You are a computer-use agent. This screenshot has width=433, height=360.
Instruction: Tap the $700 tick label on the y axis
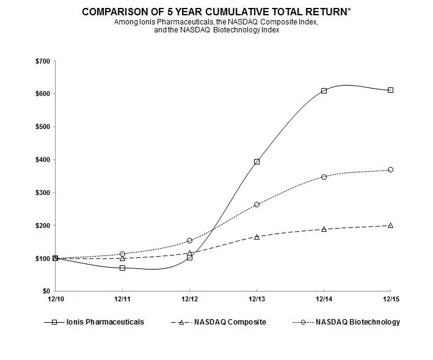pyautogui.click(x=42, y=62)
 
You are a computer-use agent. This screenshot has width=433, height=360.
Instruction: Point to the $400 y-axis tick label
pyautogui.click(x=42, y=160)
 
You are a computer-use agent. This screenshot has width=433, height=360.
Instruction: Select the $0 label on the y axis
pyautogui.click(x=45, y=292)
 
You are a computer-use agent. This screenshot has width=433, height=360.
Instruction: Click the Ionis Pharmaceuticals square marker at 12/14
pyautogui.click(x=324, y=90)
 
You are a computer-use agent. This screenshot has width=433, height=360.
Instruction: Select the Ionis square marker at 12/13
pyautogui.click(x=257, y=162)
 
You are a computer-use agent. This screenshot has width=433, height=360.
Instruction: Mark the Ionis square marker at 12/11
pyautogui.click(x=123, y=268)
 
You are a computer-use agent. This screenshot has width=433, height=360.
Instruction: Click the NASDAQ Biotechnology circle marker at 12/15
pyautogui.click(x=390, y=170)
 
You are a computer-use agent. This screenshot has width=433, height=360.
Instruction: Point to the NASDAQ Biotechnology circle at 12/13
pyautogui.click(x=257, y=204)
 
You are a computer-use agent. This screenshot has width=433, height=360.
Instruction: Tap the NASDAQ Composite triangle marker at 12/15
pyautogui.click(x=390, y=226)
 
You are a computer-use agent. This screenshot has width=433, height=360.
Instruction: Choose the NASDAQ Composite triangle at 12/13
pyautogui.click(x=257, y=237)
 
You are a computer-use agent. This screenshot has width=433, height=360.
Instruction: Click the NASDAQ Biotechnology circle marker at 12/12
pyautogui.click(x=189, y=241)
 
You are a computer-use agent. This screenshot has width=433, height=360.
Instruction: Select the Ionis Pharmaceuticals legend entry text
pyautogui.click(x=105, y=322)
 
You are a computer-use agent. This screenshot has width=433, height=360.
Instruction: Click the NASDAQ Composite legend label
pyautogui.click(x=230, y=322)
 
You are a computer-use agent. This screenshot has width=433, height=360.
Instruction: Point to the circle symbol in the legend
pyautogui.click(x=304, y=322)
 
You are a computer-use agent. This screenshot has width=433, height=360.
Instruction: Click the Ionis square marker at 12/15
pyautogui.click(x=390, y=90)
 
